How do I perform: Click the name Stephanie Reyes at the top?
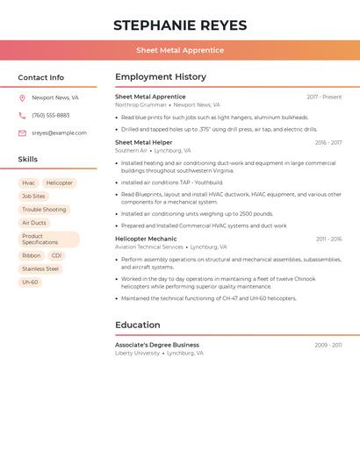click(180, 25)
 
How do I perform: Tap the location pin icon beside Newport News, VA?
click(22, 98)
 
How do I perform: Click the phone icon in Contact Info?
click(22, 116)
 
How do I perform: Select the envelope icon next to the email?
click(22, 133)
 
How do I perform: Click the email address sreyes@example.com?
click(59, 133)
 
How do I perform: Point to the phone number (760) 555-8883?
click(51, 116)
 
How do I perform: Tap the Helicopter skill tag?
click(60, 183)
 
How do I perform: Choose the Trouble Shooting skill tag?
click(44, 210)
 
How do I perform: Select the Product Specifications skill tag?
click(49, 240)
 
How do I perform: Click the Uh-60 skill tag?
click(30, 283)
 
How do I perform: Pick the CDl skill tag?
click(56, 256)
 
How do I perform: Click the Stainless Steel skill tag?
click(40, 269)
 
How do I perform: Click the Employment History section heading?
click(161, 77)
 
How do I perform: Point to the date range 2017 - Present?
click(324, 97)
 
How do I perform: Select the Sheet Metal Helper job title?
click(144, 142)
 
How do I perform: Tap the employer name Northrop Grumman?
click(140, 105)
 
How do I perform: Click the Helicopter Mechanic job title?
click(146, 239)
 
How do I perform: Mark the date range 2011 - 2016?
click(329, 239)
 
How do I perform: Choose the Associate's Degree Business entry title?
click(157, 345)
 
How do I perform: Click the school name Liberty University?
click(138, 354)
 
